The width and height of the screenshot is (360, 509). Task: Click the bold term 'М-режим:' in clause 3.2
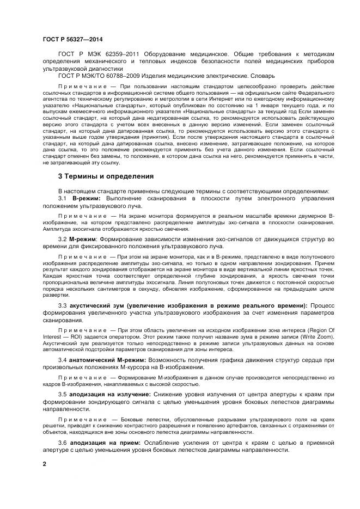click(x=82, y=239)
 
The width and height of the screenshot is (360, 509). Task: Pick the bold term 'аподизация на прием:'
click(x=102, y=442)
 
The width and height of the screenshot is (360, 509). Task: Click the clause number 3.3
click(x=63, y=305)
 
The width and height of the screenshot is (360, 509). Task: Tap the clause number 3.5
click(x=63, y=394)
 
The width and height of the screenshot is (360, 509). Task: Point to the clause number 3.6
click(x=63, y=442)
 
